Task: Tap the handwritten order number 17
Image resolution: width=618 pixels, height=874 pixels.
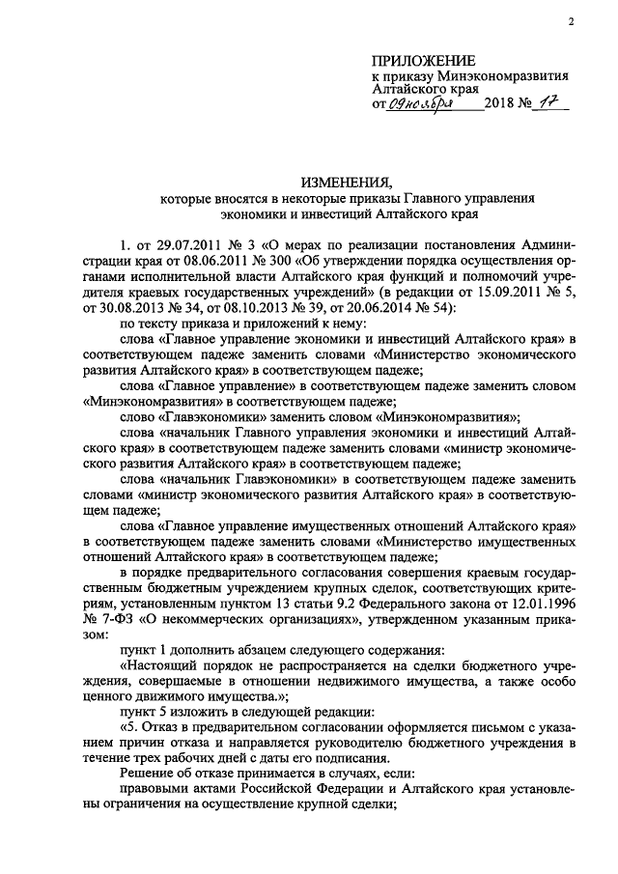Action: pos(549,103)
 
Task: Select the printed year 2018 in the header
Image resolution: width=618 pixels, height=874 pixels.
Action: pos(501,104)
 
